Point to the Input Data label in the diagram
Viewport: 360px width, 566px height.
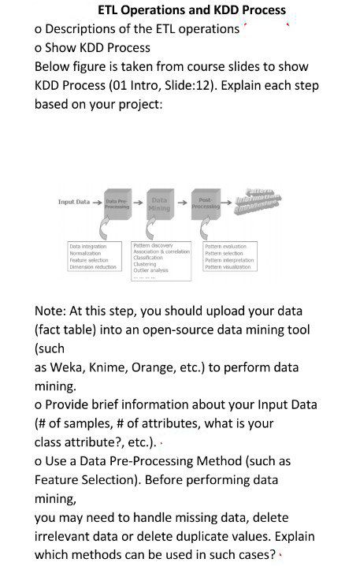click(74, 203)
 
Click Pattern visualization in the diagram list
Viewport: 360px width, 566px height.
click(228, 266)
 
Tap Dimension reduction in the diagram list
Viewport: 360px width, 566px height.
click(93, 266)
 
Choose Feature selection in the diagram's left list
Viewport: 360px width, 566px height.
click(89, 259)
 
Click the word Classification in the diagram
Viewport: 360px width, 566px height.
click(149, 258)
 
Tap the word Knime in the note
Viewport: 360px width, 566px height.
click(113, 367)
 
